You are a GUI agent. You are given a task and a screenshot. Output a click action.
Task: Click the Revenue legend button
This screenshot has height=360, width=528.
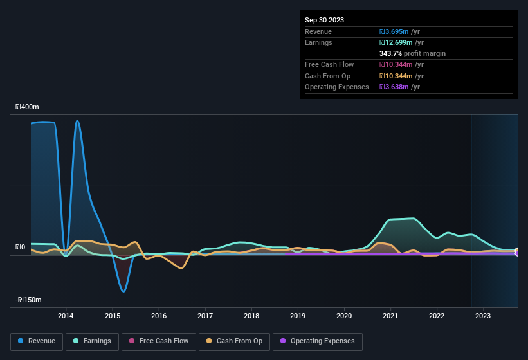click(37, 341)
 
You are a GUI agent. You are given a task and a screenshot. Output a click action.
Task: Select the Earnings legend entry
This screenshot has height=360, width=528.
click(93, 341)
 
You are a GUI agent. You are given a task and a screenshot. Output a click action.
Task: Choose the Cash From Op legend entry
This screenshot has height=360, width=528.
click(234, 341)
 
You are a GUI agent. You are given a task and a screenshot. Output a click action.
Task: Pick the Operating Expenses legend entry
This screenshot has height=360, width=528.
click(318, 341)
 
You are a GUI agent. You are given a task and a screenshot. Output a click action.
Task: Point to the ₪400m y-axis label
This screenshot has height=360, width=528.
click(28, 107)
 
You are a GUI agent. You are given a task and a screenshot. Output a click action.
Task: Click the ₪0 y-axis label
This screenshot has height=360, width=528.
click(20, 248)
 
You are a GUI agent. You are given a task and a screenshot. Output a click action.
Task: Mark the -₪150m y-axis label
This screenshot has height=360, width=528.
click(28, 300)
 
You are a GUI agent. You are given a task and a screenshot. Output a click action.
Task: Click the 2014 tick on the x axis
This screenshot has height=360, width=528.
click(66, 316)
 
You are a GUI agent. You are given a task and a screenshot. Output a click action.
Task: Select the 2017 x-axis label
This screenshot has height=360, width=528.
click(205, 316)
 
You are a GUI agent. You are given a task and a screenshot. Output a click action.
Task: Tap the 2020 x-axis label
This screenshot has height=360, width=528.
click(344, 316)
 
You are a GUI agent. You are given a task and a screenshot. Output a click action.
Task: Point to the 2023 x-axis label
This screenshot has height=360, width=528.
click(483, 316)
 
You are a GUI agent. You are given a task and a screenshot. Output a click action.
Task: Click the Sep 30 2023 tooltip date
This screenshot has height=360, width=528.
click(324, 20)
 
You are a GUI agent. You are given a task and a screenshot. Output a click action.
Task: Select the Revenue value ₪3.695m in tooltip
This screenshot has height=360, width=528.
click(399, 32)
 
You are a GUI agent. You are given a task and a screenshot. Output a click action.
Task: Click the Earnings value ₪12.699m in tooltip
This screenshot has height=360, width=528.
click(401, 42)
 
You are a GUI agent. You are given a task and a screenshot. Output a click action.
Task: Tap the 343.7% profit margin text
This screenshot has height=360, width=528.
click(412, 53)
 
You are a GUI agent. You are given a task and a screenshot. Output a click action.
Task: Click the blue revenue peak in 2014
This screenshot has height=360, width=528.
click(77, 120)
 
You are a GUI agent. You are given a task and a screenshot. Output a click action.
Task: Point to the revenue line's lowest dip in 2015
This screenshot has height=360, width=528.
click(123, 291)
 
